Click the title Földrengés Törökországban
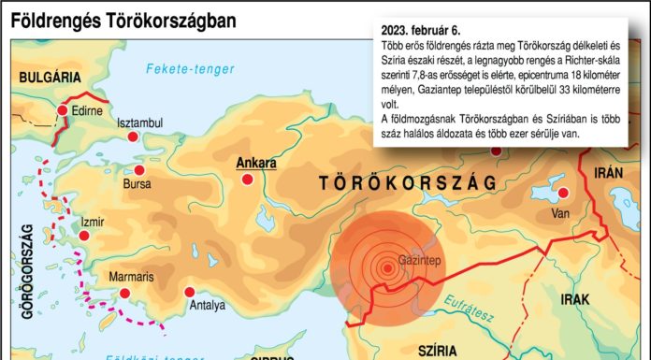click(x=123, y=20)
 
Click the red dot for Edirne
click(x=64, y=110)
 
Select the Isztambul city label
click(x=139, y=122)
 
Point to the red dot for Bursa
click(x=140, y=170)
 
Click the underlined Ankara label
click(x=256, y=162)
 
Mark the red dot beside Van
click(x=564, y=194)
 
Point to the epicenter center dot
click(x=387, y=269)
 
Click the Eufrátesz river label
click(x=497, y=300)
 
